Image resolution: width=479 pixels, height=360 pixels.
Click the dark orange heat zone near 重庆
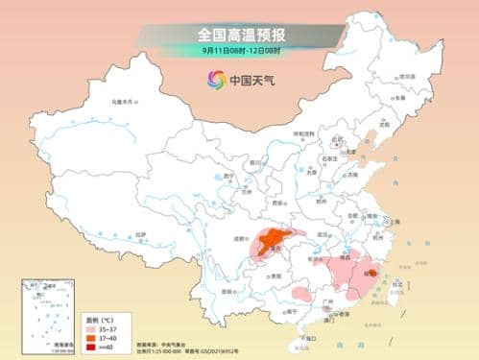(x=273, y=239)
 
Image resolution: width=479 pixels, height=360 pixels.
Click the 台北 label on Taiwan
(x=396, y=285)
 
